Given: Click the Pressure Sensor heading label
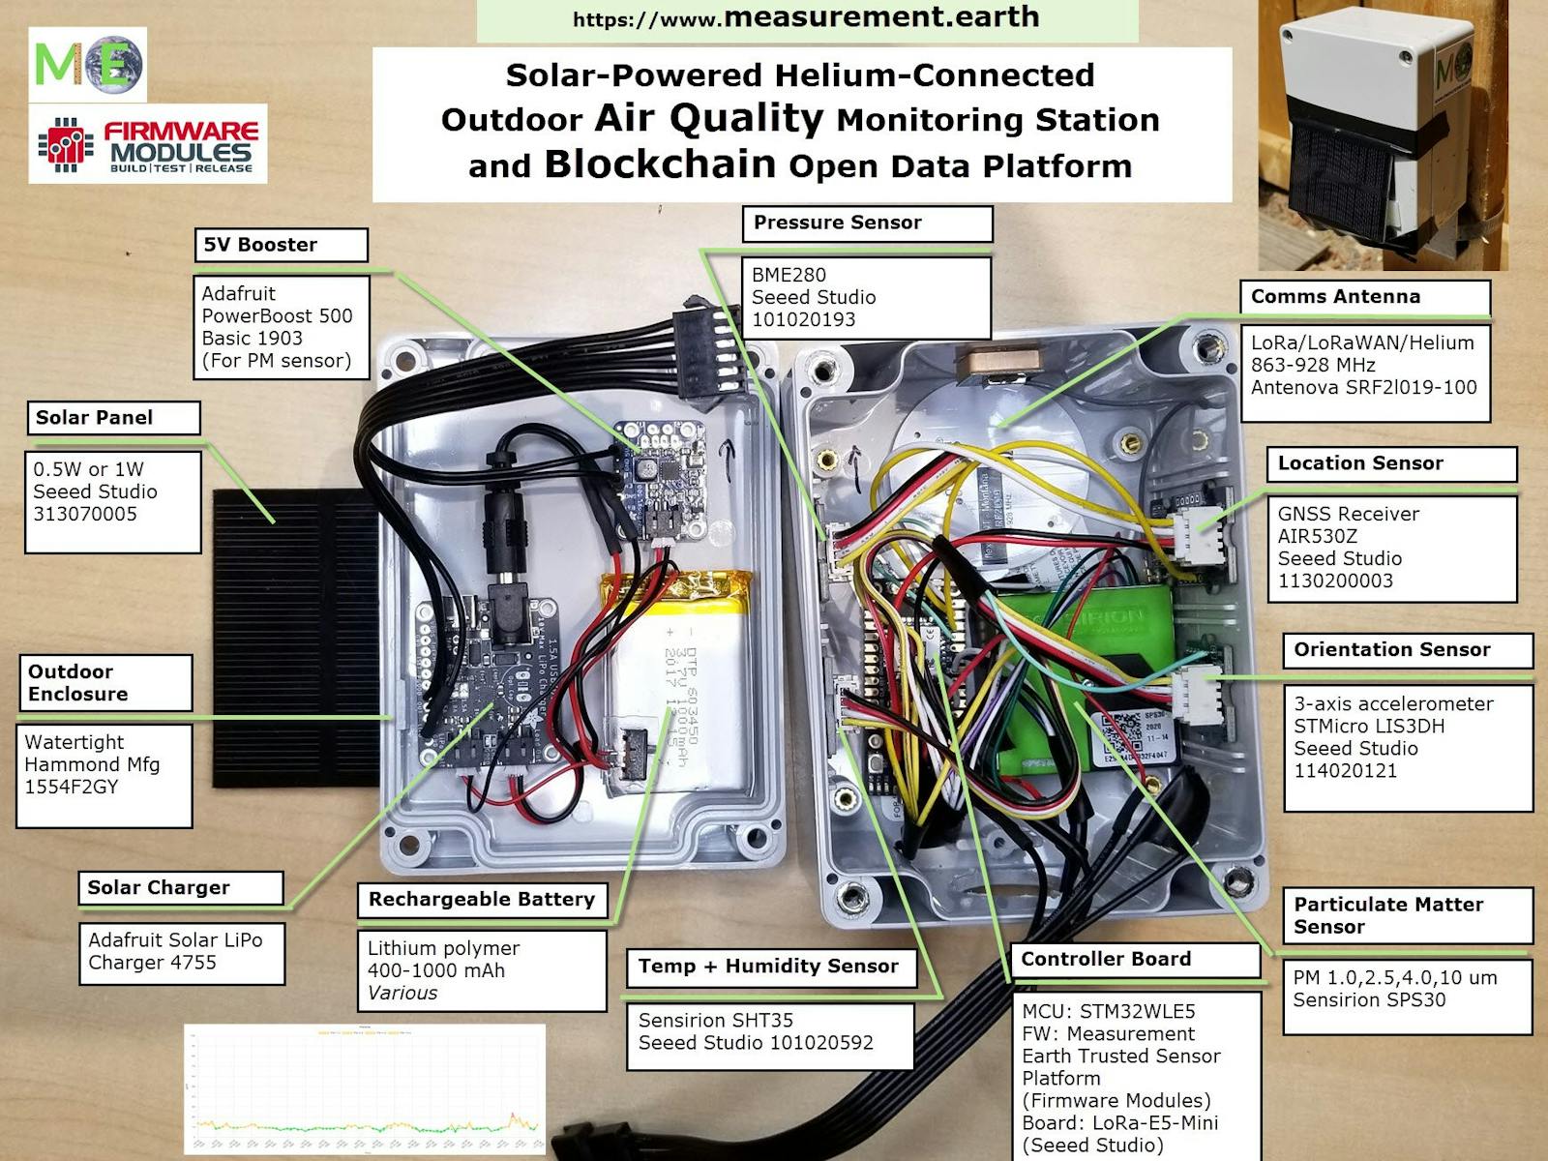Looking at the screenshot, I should (x=838, y=223).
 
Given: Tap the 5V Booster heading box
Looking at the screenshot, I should (x=261, y=245).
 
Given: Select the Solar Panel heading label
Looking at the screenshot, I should (x=95, y=418).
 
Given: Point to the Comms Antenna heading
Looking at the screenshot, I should (x=1335, y=297).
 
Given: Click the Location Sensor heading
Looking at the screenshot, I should (x=1360, y=463).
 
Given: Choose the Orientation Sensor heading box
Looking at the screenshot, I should (x=1392, y=650).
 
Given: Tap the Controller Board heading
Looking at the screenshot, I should (x=1106, y=959).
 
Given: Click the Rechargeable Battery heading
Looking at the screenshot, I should (x=482, y=900).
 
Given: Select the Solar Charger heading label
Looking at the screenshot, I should (x=159, y=888).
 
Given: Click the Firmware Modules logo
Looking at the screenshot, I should (x=148, y=145).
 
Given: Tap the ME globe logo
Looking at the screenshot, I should (x=88, y=65).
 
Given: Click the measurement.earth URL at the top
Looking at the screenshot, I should (x=806, y=18).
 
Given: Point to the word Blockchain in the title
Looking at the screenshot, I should (x=660, y=164).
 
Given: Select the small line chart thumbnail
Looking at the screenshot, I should (x=365, y=1088).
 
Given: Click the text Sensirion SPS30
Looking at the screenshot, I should (x=1369, y=1000).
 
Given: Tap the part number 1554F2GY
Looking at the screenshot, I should (x=72, y=787).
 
